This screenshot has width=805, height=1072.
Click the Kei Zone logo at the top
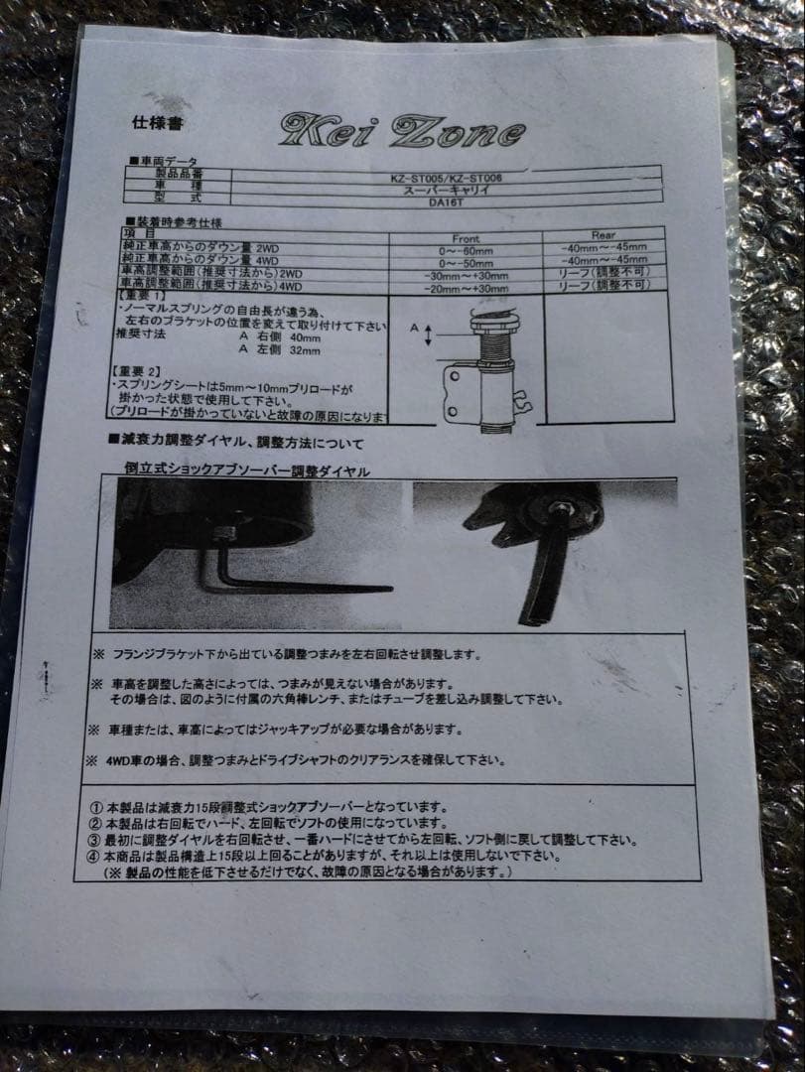tap(401, 131)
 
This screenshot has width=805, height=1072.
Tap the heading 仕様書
tap(157, 124)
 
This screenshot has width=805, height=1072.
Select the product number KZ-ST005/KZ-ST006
tap(446, 177)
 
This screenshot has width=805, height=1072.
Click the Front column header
tap(465, 238)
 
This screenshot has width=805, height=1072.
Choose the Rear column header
tap(603, 236)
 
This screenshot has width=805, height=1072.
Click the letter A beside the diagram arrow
tap(414, 327)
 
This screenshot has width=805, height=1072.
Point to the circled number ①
tap(95, 807)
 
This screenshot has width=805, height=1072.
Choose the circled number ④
tap(94, 856)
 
